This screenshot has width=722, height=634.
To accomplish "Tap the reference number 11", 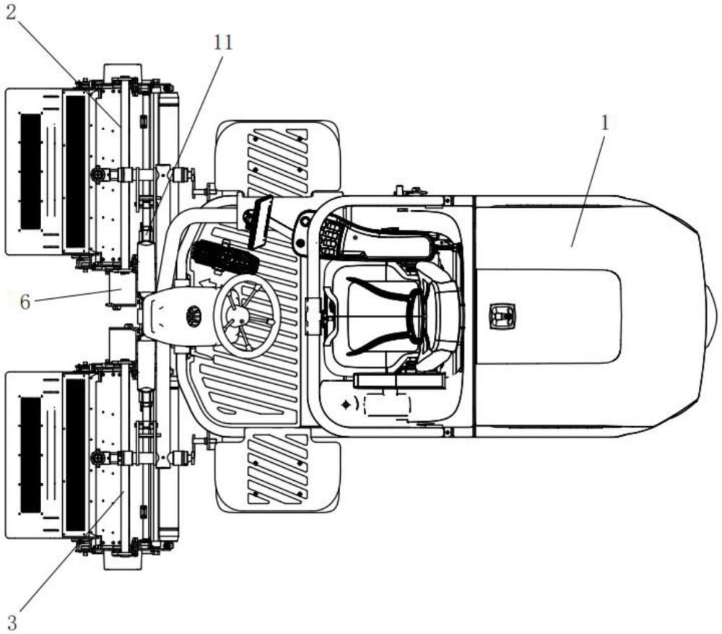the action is pyautogui.click(x=223, y=43).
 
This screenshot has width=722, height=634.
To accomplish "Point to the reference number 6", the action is pyautogui.click(x=25, y=302).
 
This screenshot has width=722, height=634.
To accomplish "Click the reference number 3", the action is pyautogui.click(x=12, y=622).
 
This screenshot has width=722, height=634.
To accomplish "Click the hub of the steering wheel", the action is pyautogui.click(x=239, y=316).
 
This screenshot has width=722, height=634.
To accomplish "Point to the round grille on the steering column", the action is pyautogui.click(x=193, y=316).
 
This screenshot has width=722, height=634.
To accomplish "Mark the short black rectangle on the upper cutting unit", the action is pyautogui.click(x=30, y=171).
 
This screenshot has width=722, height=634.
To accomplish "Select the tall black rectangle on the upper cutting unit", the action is pyautogui.click(x=76, y=172).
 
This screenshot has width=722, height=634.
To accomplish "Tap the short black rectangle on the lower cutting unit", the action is pyautogui.click(x=30, y=456).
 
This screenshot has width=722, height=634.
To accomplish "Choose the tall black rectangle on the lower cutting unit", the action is pyautogui.click(x=76, y=456).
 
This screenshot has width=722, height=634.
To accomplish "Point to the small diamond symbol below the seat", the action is pyautogui.click(x=345, y=404).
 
